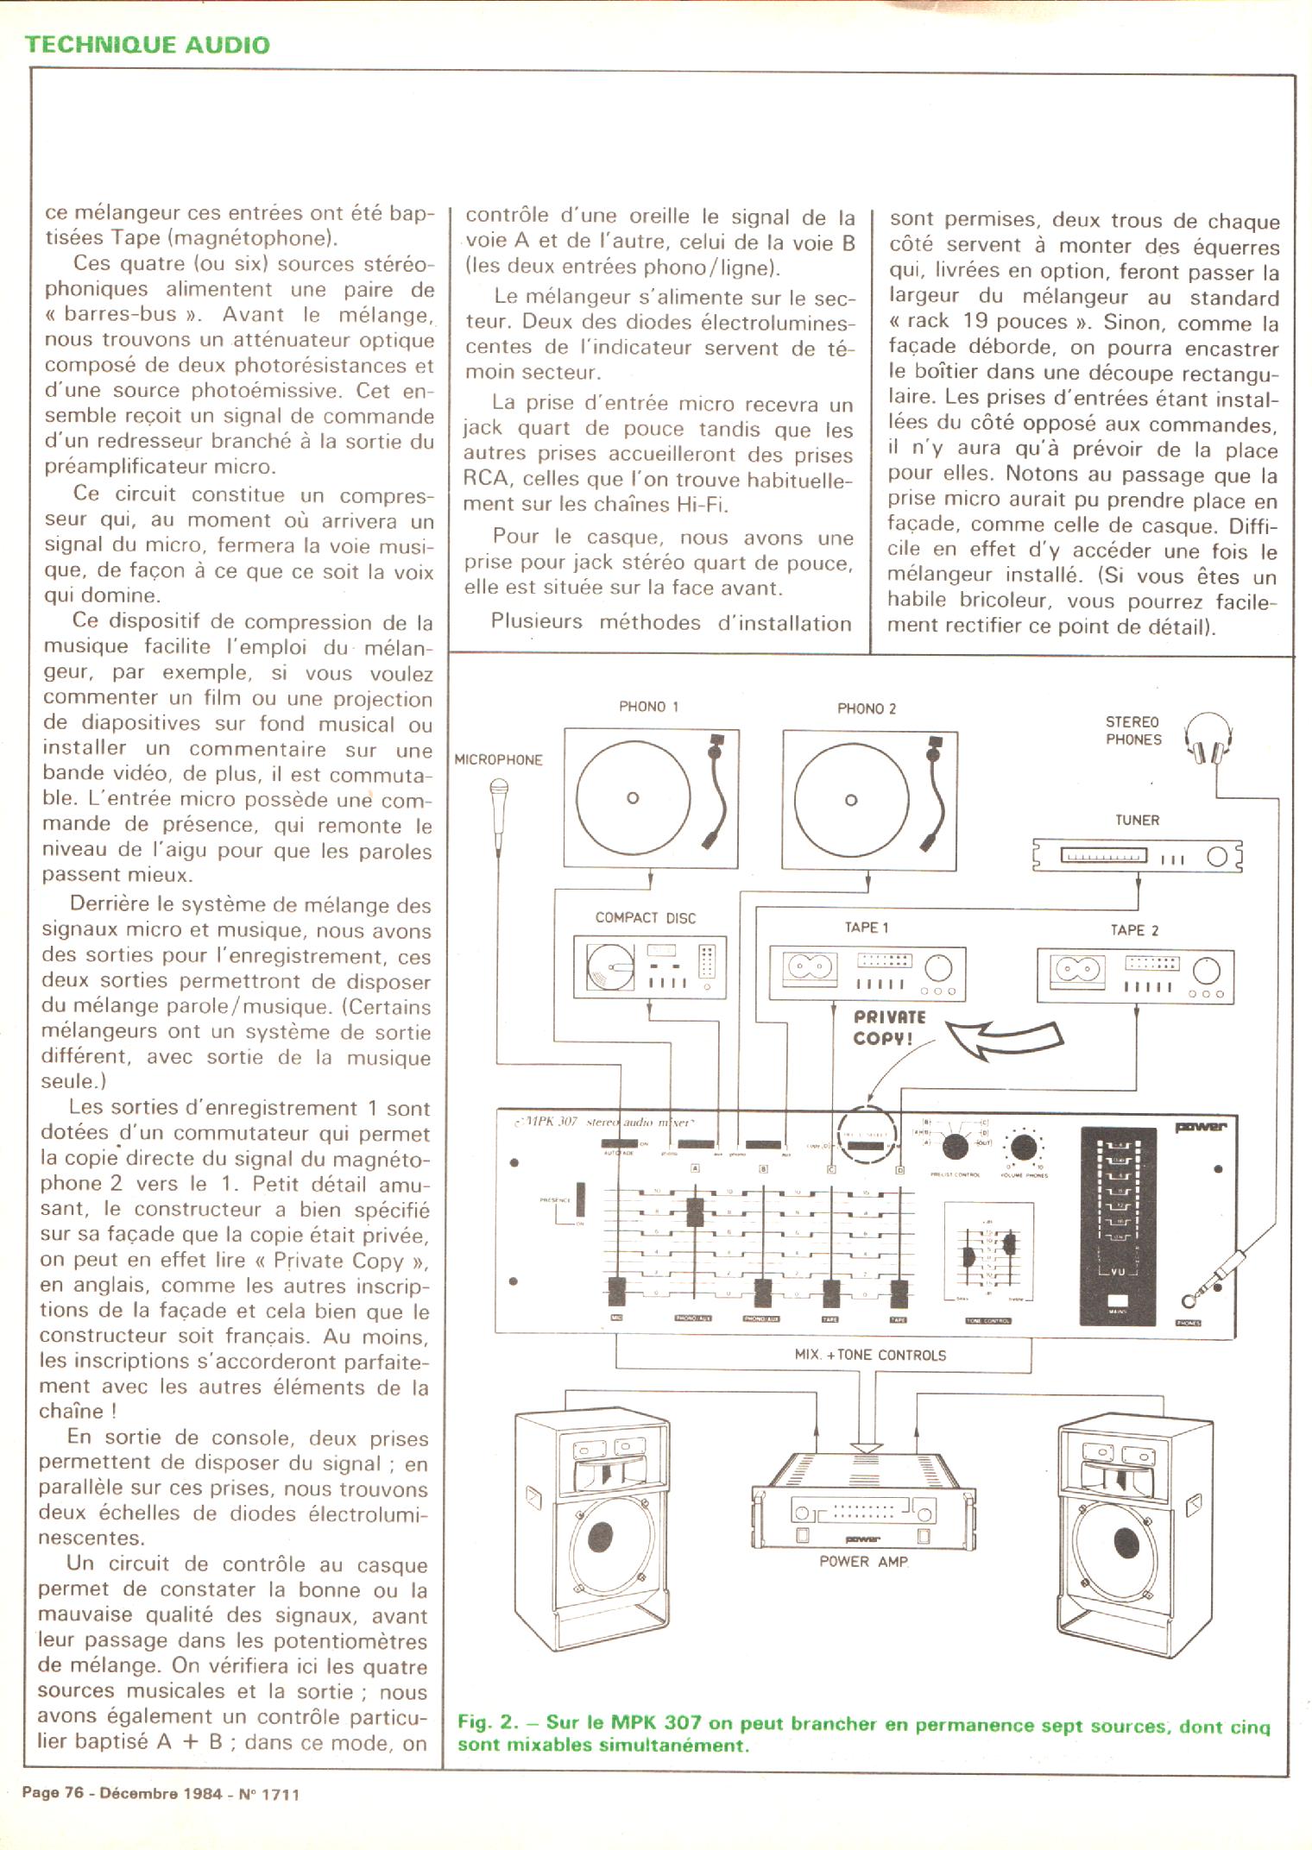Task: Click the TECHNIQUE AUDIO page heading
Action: coord(147,44)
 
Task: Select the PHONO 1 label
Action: coord(648,707)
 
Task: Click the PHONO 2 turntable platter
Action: coord(851,799)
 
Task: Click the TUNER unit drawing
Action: coord(1138,856)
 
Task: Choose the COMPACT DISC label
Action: coord(645,918)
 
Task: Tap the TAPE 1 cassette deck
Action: coord(867,974)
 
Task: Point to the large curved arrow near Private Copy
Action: coord(1002,1039)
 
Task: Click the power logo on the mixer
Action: coord(1200,1126)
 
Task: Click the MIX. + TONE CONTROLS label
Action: coord(869,1355)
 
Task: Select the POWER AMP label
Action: coord(863,1561)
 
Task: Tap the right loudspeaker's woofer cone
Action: coord(1126,1540)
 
